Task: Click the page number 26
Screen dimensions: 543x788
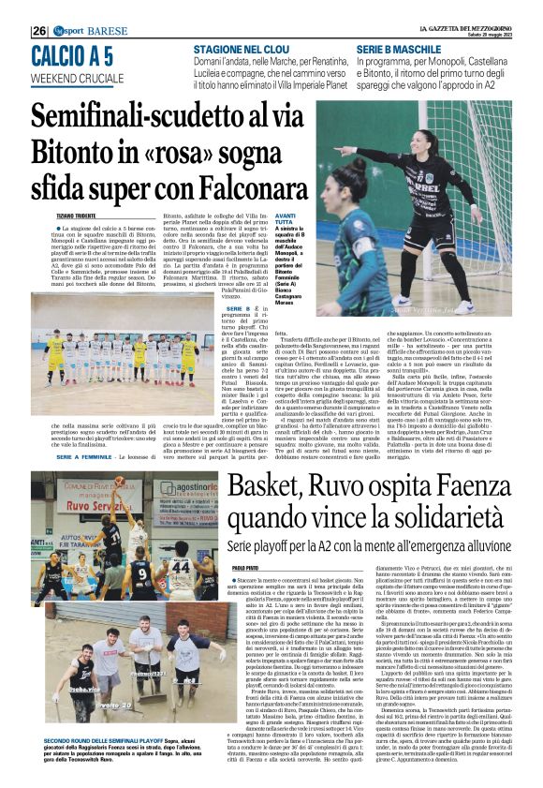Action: coord(39,30)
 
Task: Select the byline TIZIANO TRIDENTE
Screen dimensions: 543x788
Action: coord(58,214)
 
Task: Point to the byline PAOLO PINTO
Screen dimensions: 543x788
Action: coord(244,567)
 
